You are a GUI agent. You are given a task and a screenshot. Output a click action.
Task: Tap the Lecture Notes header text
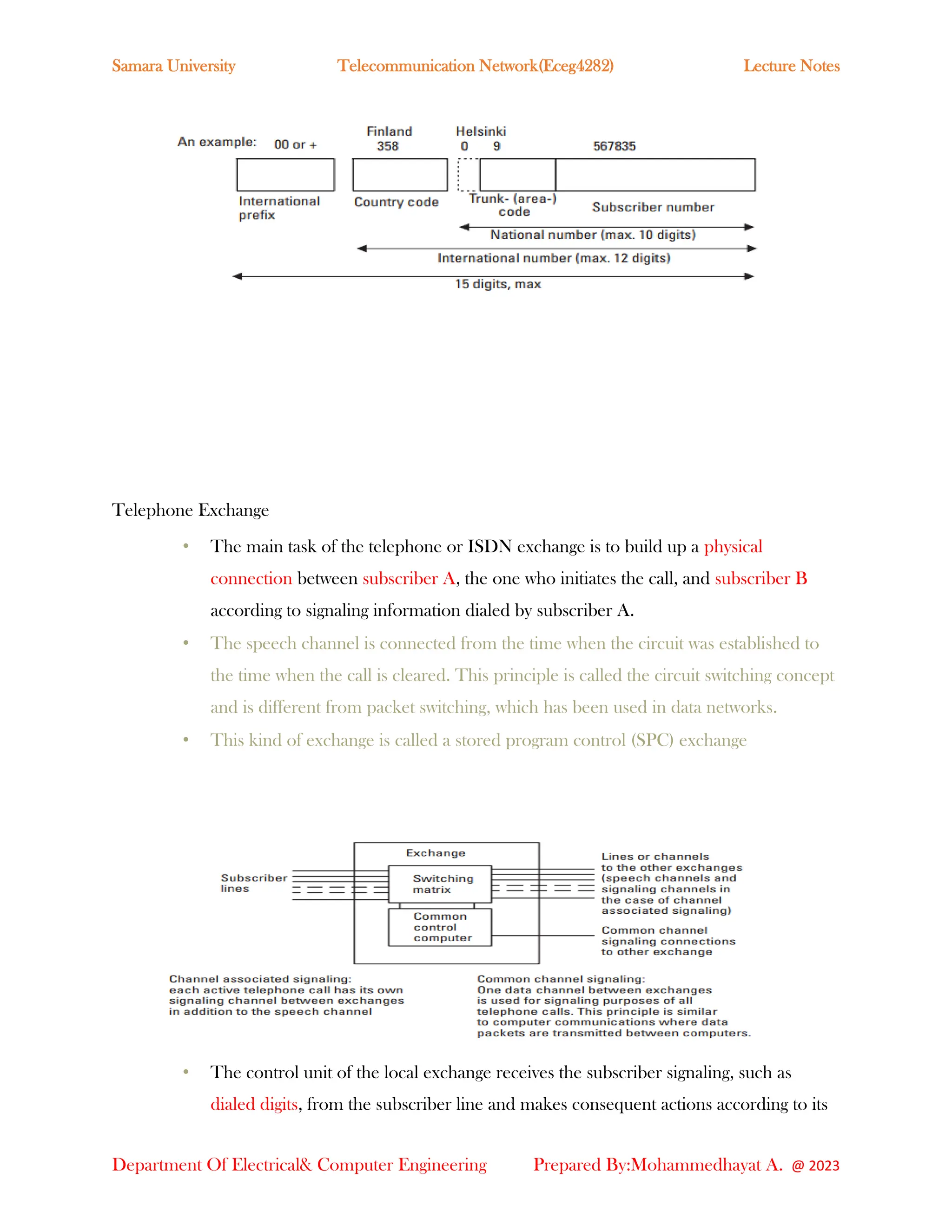click(791, 66)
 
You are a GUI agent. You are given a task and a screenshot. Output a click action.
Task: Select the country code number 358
click(388, 146)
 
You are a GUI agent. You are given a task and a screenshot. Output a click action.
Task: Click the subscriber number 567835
click(614, 146)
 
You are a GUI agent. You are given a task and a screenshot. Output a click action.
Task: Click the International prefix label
click(278, 208)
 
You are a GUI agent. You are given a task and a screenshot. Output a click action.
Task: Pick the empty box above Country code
click(400, 175)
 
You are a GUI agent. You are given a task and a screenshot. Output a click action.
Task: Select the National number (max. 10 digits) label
click(593, 235)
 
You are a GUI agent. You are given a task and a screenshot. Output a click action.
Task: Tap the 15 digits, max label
click(497, 284)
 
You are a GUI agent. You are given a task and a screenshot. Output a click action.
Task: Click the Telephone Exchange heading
click(190, 510)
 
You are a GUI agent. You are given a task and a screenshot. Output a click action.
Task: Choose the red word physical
click(733, 546)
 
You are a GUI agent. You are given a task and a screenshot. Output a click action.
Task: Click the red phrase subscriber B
click(761, 578)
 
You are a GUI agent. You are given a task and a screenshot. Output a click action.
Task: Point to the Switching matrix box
click(439, 884)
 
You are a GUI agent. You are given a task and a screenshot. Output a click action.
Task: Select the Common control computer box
click(439, 927)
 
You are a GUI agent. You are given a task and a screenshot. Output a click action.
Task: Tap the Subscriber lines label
click(253, 883)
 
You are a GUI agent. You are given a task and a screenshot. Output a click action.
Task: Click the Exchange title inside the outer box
click(436, 853)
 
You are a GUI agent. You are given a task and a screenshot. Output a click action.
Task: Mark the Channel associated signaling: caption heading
click(260, 979)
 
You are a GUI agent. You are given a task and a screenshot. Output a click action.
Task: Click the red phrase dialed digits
click(254, 1104)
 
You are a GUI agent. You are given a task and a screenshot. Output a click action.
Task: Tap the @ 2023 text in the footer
click(815, 1166)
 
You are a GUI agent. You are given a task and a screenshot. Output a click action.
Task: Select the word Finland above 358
click(389, 131)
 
